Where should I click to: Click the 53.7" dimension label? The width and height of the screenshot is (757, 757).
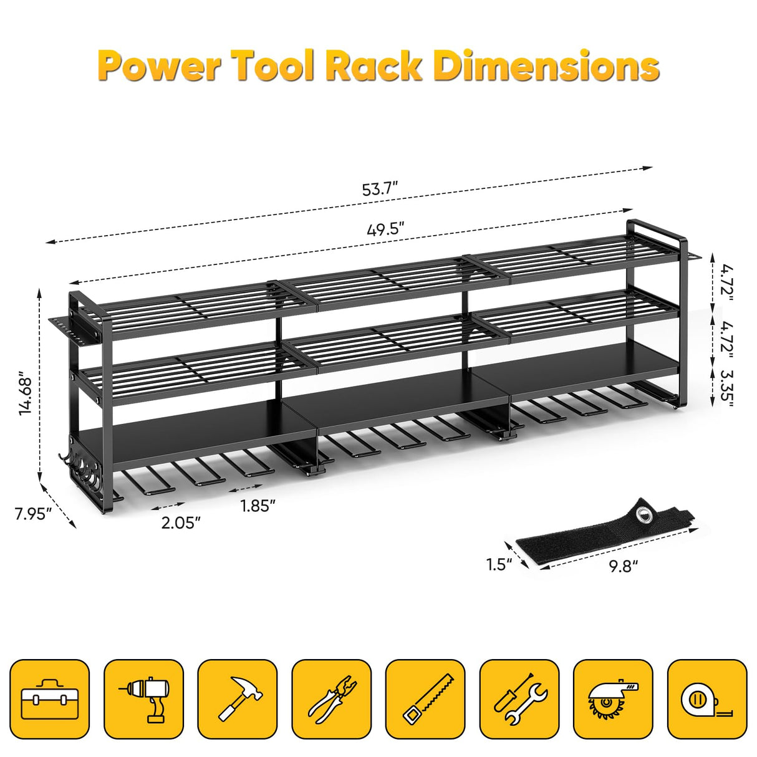point(380,189)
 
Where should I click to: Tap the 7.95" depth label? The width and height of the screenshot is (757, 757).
point(32,514)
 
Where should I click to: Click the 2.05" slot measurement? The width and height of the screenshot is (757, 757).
point(181,522)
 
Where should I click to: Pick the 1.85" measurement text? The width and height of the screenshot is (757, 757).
point(258,506)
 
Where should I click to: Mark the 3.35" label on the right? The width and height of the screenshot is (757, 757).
point(725,387)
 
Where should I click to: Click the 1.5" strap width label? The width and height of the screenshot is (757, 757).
point(499,564)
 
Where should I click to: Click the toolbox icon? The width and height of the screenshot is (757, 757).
point(50,700)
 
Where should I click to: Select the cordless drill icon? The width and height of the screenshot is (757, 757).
point(144,700)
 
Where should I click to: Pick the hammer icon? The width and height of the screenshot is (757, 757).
point(238,700)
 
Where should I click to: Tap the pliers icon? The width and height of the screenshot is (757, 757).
point(332,700)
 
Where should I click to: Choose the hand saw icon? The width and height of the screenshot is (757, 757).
point(425,700)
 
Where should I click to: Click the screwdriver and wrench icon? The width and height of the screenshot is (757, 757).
point(519,700)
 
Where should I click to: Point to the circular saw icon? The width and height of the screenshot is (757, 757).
point(613,700)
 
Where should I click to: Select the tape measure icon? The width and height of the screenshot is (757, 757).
point(707,700)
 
